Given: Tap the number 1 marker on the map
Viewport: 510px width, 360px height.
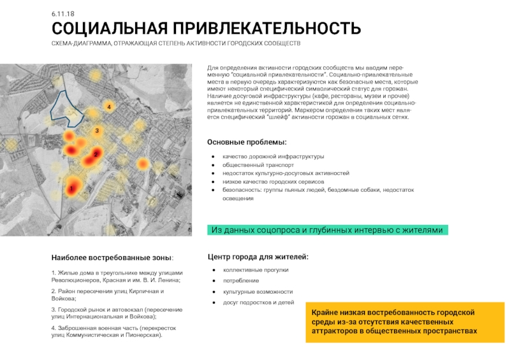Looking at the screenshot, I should (x=72, y=189).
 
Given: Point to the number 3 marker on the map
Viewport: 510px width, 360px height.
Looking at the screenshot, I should (x=97, y=131).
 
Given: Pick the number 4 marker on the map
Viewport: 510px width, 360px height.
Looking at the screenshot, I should (x=109, y=107).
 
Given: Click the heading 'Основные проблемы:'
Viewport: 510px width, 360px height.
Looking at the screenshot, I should (x=247, y=141).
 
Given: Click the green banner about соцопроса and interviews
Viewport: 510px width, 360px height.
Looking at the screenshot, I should (x=327, y=230).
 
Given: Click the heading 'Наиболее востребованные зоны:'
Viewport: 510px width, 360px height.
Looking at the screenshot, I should (x=112, y=257).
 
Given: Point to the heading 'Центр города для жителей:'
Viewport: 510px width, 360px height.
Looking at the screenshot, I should (x=258, y=256).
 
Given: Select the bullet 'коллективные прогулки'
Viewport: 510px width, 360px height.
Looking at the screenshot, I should (x=255, y=270).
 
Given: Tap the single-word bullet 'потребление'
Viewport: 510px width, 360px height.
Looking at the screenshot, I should (x=240, y=280).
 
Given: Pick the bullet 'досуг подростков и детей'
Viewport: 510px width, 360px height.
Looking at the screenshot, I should (x=258, y=302).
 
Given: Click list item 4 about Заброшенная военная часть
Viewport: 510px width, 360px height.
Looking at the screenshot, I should (x=113, y=331).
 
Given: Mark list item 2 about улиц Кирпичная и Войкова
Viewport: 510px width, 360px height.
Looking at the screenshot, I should (x=107, y=294).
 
